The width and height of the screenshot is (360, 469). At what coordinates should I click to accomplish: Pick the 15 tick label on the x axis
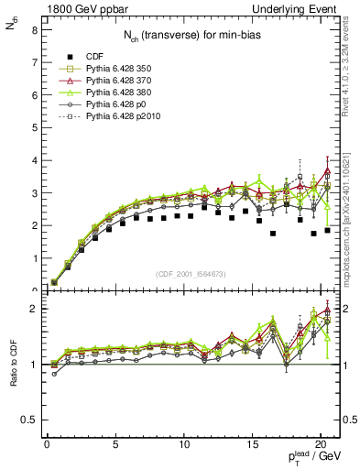pyautogui.click(x=252, y=445)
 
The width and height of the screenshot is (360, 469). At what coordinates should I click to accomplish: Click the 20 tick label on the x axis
pyautogui.click(x=321, y=445)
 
